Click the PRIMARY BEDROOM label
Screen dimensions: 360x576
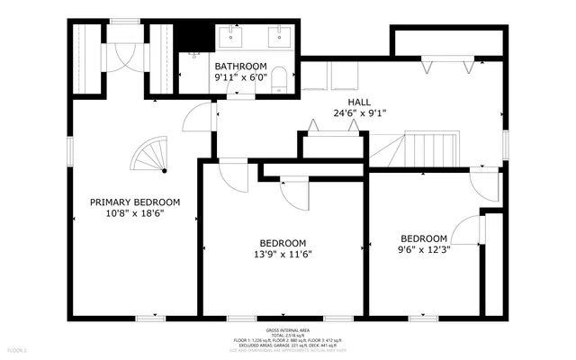(x=135, y=202)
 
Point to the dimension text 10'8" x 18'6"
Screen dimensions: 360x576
(x=135, y=214)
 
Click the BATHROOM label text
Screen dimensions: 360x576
(x=240, y=67)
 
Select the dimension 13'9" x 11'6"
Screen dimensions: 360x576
(x=283, y=256)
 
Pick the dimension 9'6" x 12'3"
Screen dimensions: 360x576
(x=424, y=250)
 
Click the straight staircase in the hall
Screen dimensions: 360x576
(x=429, y=148)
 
